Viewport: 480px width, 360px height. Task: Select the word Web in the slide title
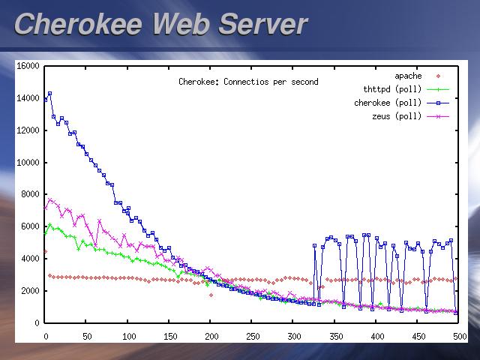tap(182, 24)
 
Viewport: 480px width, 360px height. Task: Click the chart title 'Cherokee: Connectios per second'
tap(248, 82)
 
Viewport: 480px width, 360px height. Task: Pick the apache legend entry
tap(408, 76)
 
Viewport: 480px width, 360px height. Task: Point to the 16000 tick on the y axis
tap(28, 66)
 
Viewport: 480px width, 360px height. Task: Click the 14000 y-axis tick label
tap(28, 98)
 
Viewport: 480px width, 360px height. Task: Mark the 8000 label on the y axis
tap(30, 194)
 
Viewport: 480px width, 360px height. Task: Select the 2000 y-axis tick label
tap(30, 291)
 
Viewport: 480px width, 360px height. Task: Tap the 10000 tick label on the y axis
tap(28, 163)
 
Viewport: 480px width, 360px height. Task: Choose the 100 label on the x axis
tap(128, 337)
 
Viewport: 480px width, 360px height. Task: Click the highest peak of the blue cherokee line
tap(49, 94)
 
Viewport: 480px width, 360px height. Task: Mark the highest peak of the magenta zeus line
tap(49, 199)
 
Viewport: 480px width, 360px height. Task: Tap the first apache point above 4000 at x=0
tap(45, 252)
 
